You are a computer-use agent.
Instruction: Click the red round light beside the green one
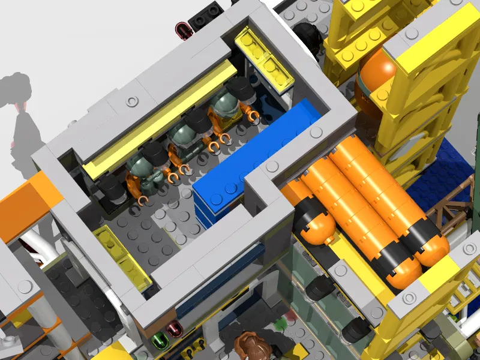(175, 329)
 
